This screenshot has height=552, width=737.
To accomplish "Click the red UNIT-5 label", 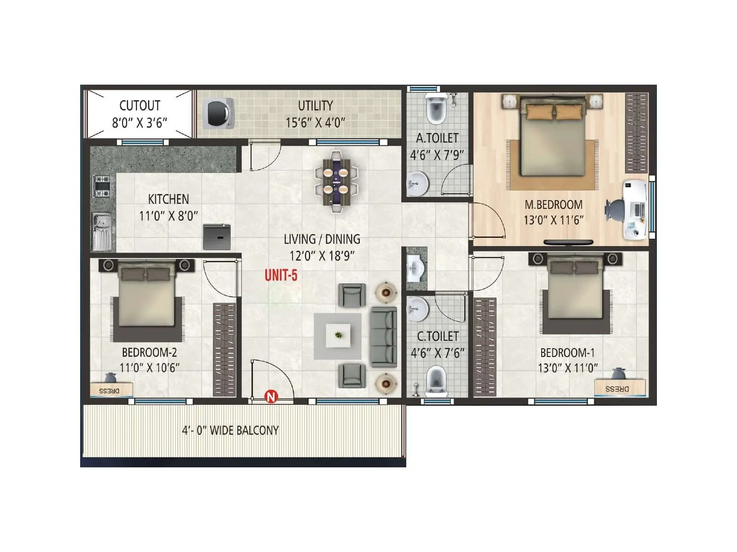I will click(281, 276).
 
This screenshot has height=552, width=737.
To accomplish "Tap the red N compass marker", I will click(271, 396).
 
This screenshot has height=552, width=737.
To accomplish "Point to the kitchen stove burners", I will click(103, 186).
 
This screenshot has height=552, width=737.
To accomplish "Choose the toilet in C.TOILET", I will click(436, 380).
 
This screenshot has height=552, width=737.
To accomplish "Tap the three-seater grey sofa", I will click(383, 337).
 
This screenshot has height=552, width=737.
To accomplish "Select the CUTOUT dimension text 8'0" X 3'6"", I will click(140, 123).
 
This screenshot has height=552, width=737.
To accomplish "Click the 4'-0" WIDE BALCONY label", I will click(230, 431).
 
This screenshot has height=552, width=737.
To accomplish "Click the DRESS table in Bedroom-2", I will click(111, 390).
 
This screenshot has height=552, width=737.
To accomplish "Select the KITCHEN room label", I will click(168, 199).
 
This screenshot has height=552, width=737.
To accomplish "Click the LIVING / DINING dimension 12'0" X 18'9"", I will click(322, 256).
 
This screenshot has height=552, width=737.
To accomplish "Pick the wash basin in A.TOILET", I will click(418, 183).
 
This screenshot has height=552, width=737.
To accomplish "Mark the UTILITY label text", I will click(316, 106).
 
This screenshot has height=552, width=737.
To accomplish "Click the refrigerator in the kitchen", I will click(217, 237).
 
